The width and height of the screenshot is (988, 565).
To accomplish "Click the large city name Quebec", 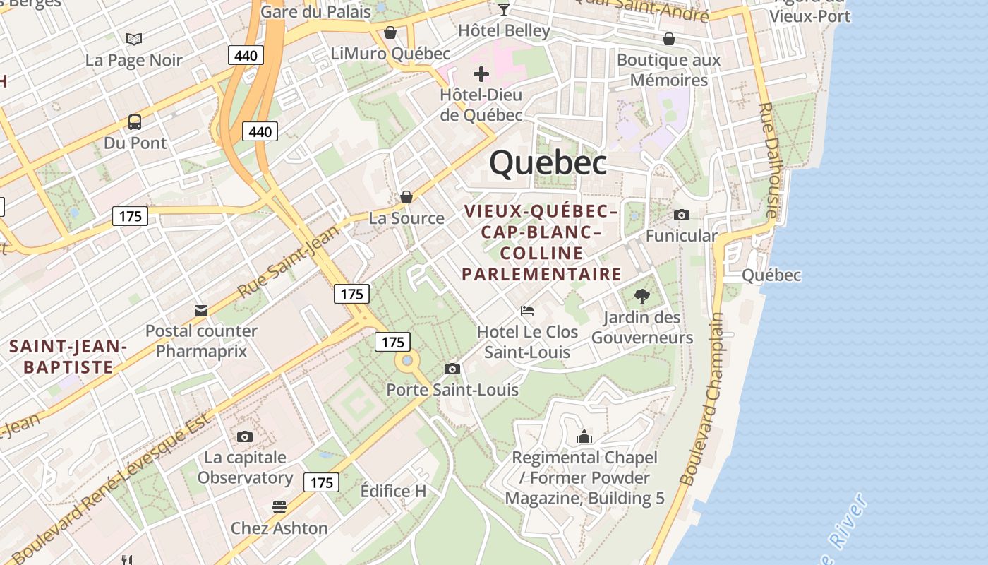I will coord(548,163).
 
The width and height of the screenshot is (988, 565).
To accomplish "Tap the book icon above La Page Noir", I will coord(134,39).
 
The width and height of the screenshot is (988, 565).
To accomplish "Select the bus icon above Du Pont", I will coord(135,121).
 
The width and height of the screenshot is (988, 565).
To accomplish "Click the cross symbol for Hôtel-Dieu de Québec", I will coord(481,73).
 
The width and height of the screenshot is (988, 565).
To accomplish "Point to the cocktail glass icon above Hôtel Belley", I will coord(503,9).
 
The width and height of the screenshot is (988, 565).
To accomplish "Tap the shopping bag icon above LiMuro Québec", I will coord(390,32).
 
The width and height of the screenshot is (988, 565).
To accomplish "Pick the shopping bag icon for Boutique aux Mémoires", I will coord(668,38).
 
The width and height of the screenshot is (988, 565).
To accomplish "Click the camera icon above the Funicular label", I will coord(681,215).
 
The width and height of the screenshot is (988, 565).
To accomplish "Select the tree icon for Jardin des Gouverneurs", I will coord(641,296).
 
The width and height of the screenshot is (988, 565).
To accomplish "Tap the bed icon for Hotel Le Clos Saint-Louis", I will coord(526,310).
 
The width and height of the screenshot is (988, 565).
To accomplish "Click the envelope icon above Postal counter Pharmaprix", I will coord(201,310).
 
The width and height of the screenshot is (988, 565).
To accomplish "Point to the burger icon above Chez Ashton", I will coord(279,507).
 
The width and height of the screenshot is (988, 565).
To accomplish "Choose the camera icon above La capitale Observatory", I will coord(245,436).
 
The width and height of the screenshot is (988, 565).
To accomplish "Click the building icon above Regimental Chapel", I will coord(584,437).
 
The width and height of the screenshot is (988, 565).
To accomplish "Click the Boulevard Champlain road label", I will coord(703,400).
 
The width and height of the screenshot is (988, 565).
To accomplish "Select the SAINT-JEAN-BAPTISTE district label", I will coord(68,357).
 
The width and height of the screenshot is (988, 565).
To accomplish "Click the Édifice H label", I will coord(393,491).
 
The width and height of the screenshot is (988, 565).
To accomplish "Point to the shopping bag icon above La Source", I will coord(406,197).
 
